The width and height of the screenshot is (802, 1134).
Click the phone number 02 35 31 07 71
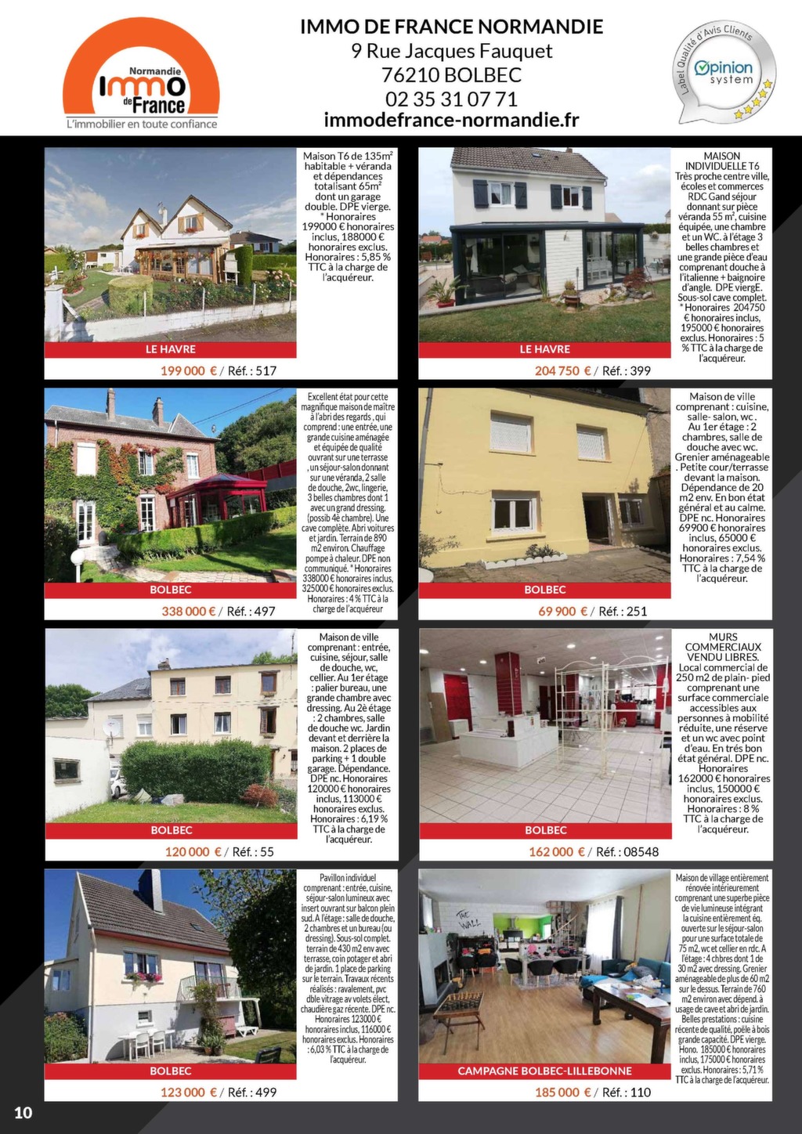451,99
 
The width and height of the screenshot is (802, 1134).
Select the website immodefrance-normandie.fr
451,120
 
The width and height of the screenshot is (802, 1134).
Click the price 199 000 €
188,370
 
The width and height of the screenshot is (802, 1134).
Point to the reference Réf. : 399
626,370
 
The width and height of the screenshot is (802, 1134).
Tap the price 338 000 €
188,611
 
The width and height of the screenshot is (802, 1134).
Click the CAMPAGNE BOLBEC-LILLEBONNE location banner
544,1071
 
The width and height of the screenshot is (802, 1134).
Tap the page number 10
23,1113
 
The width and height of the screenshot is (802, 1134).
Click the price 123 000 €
188,1092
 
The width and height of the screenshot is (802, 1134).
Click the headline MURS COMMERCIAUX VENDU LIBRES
723,647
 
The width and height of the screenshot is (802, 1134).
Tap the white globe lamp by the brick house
77,557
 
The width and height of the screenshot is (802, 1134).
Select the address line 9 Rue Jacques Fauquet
451,52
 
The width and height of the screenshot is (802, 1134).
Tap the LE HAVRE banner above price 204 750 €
544,349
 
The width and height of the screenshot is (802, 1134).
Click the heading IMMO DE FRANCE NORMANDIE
451,27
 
